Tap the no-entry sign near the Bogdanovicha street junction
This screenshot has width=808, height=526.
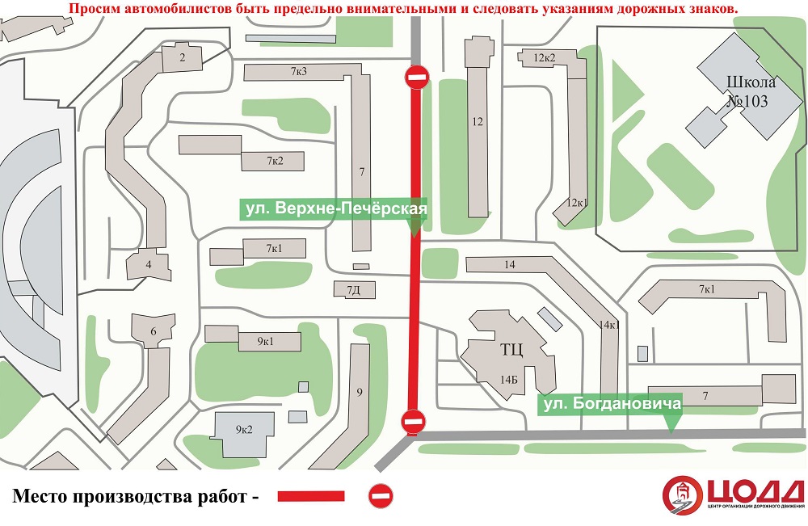tap(413, 420)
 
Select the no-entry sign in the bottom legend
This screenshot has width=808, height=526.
tap(380, 495)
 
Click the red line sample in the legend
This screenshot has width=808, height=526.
tap(311, 495)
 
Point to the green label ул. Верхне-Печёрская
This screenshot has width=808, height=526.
tap(335, 209)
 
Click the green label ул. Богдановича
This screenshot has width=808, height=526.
tap(611, 403)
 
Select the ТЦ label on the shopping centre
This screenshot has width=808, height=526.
tap(512, 350)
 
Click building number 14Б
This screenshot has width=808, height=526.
tap(508, 378)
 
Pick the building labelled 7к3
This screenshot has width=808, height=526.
tap(298, 72)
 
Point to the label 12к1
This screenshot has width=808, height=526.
tap(577, 202)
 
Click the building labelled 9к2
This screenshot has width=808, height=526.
tap(244, 429)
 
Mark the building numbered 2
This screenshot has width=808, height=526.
tap(182, 57)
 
